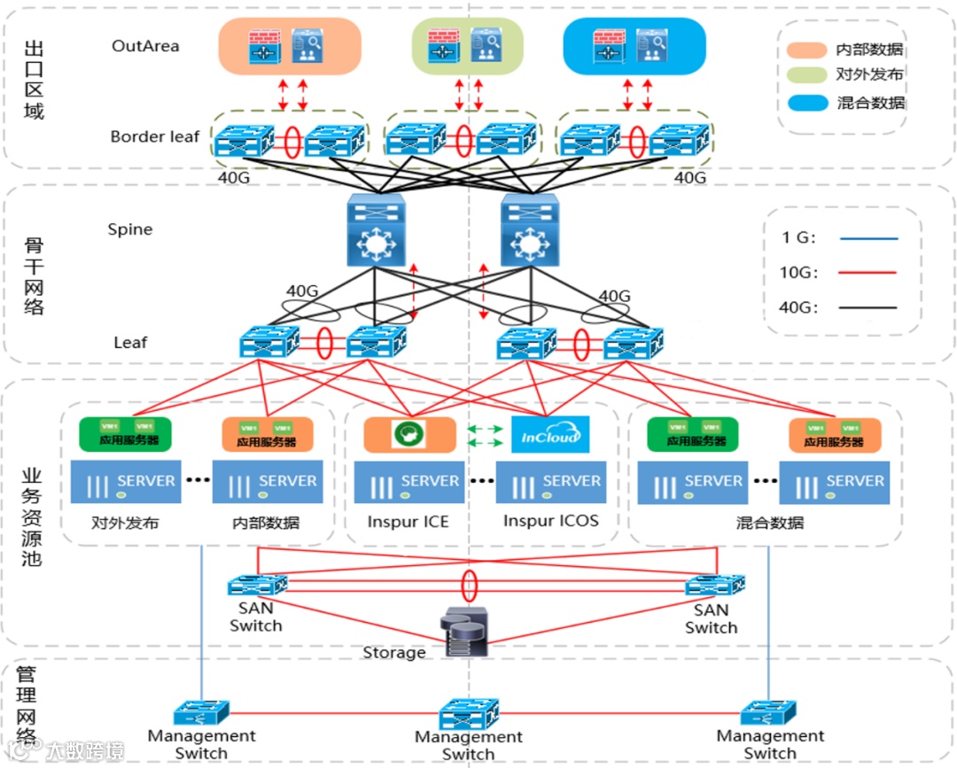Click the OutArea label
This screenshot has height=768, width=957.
(x=145, y=45)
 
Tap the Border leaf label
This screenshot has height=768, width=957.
(x=155, y=136)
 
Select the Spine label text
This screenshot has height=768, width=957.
(x=130, y=229)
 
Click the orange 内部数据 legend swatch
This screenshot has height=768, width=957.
(x=808, y=49)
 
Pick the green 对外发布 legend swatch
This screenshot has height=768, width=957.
(x=808, y=75)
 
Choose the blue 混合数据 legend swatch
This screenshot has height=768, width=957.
(x=808, y=102)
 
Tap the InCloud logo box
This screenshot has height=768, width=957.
(x=550, y=434)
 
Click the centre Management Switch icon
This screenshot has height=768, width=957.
(x=469, y=713)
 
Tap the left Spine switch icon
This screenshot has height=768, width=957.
(x=375, y=229)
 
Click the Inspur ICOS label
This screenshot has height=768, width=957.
(x=550, y=521)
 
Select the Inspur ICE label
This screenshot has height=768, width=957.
(x=408, y=522)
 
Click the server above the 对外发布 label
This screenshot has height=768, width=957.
(x=125, y=482)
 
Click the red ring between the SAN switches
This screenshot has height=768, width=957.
(x=470, y=586)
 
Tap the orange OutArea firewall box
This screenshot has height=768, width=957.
(x=290, y=46)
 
